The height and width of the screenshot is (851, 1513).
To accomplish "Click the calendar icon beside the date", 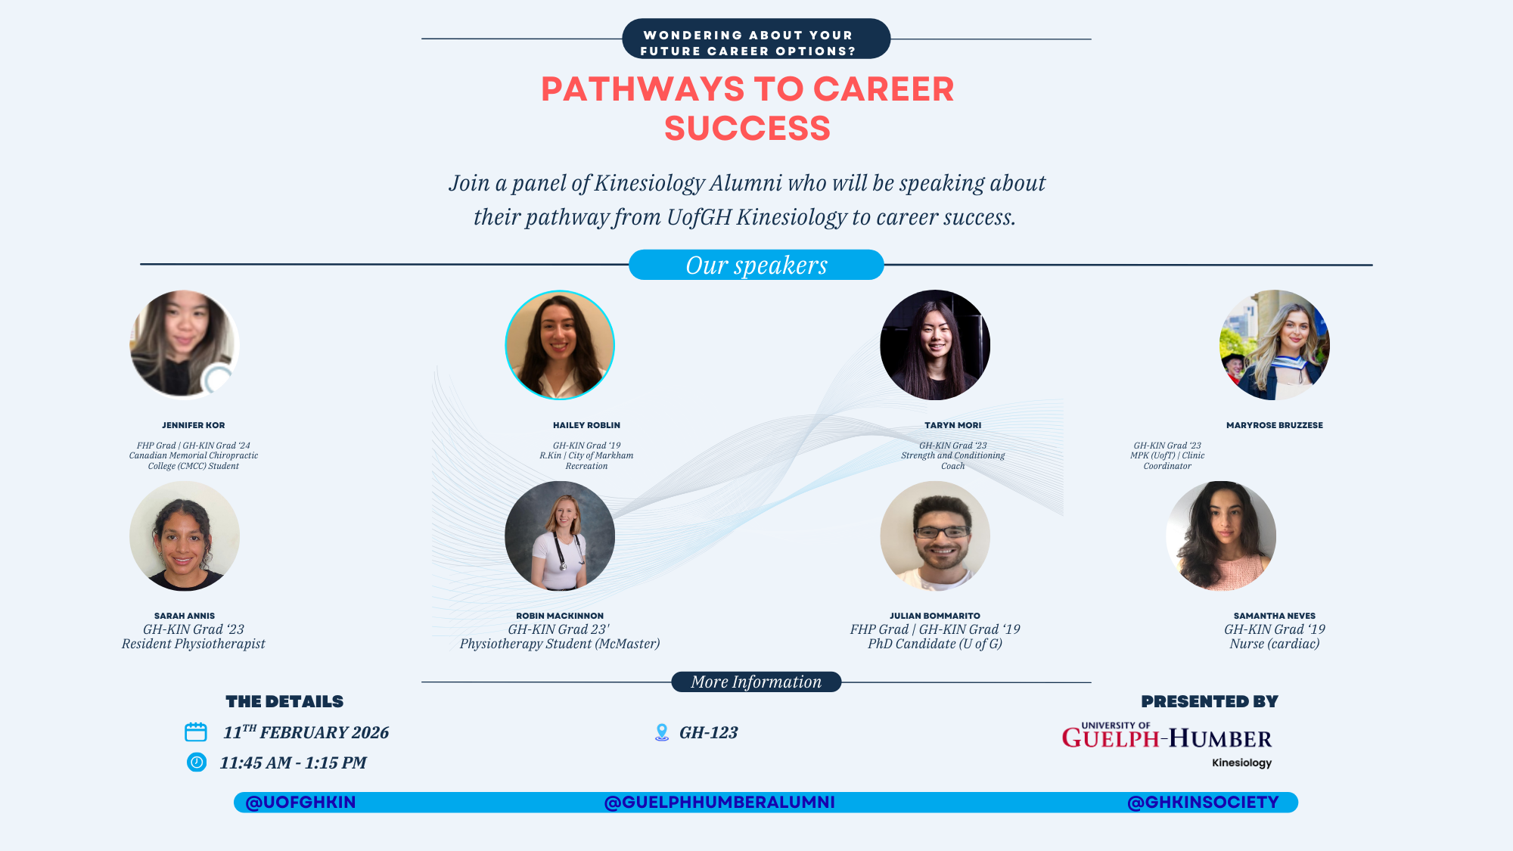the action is point(196,731).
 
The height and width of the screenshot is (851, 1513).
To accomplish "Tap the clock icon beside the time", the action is point(197,762).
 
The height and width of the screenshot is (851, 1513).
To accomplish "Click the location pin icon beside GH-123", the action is point(662,732).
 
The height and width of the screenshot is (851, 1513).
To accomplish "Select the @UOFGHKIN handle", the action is point(300,802).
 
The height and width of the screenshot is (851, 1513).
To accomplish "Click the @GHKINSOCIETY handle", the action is point(1203,802).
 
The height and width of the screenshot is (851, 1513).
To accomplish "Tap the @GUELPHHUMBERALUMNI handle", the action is point(719,802).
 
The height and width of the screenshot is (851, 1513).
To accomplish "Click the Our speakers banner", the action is point(756,265).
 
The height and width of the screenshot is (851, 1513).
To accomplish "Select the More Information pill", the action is point(756,682).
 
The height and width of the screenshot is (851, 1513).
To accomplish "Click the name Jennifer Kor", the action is point(194,425).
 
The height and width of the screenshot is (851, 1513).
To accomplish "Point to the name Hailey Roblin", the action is point(586,425).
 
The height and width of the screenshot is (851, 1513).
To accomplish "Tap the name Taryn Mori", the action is point(953,425).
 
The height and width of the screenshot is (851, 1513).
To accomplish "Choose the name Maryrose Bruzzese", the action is point(1275,425).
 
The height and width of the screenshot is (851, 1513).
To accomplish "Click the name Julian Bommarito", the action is point(935,616).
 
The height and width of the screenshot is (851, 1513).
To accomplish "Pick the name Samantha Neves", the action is point(1275,616).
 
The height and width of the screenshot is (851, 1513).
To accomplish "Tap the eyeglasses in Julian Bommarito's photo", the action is point(942,532).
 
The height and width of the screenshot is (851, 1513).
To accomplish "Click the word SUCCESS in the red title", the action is point(747,128).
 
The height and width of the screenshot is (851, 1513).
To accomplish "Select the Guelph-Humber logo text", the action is point(1167,738).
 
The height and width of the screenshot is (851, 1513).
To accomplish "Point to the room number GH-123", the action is point(708,732).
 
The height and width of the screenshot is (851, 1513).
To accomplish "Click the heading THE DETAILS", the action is point(284,701).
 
